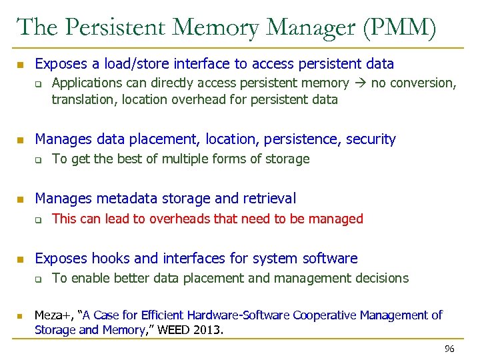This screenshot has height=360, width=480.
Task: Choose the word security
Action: (x=367, y=139)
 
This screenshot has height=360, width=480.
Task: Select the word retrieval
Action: (x=269, y=198)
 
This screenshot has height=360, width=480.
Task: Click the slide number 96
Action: (x=449, y=349)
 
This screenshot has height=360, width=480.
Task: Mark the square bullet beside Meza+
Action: (x=21, y=315)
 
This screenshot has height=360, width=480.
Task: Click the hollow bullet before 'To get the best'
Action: (x=39, y=160)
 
